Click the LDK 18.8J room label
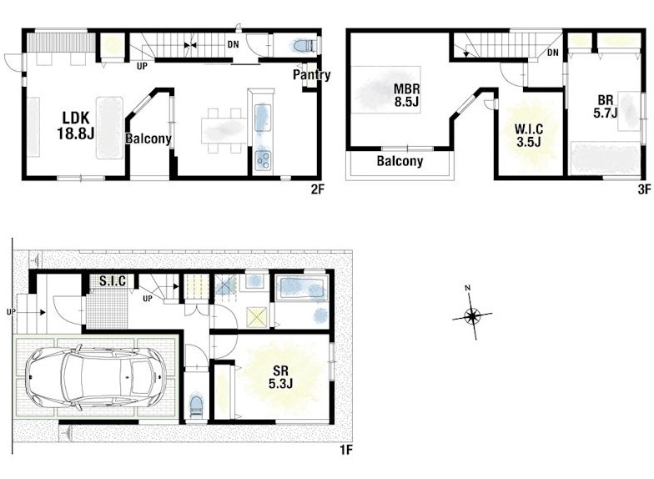[x=76, y=125]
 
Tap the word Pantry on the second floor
[x=312, y=75]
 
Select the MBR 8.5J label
[x=407, y=95]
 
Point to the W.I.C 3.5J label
[x=529, y=135]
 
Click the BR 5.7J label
[x=606, y=107]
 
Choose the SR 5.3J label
[x=280, y=377]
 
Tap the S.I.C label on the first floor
[x=113, y=280]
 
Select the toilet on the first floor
[x=195, y=406]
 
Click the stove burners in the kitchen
[x=264, y=160]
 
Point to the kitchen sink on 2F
[x=263, y=118]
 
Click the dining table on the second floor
[x=224, y=130]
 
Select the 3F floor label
[x=644, y=190]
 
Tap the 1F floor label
[x=346, y=451]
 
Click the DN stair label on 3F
[x=552, y=53]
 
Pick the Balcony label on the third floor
[x=400, y=161]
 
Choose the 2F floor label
[x=317, y=190]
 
